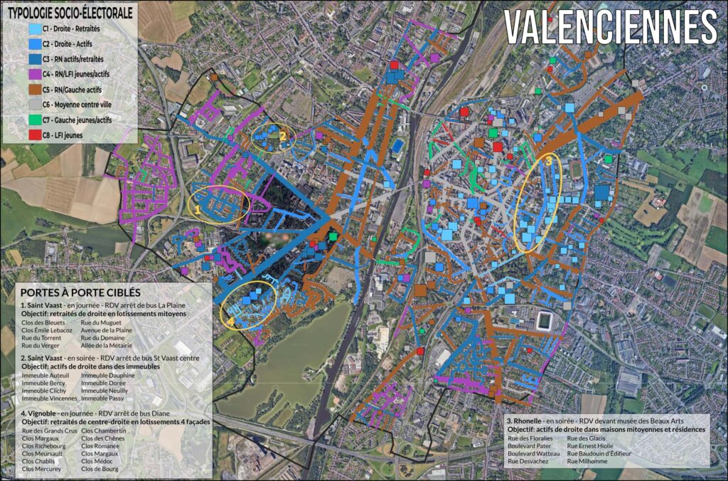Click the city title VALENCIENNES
tap(610, 28)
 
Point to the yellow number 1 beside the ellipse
tap(198, 211)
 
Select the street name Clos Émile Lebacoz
tap(47, 330)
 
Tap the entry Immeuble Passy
tap(102, 398)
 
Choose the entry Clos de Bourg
tap(100, 470)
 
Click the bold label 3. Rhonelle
tap(527, 422)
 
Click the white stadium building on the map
tap(545, 320)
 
